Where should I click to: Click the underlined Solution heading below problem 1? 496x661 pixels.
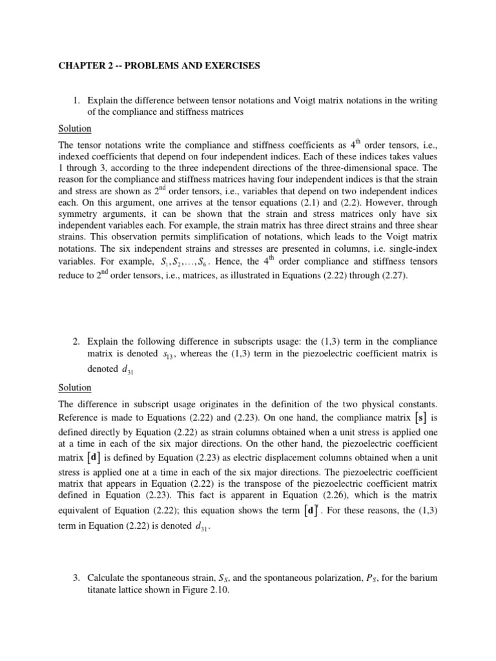pyautogui.click(x=76, y=128)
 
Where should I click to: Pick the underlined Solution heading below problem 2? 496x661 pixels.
pyautogui.click(x=76, y=387)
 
